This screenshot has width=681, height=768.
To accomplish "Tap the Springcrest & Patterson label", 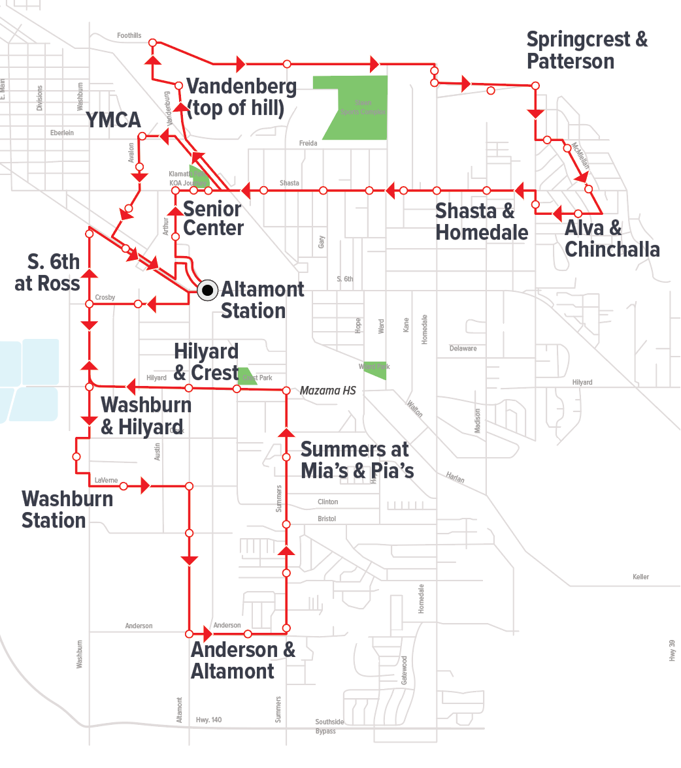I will [586, 50].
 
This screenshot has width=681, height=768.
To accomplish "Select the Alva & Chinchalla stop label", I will [612, 238].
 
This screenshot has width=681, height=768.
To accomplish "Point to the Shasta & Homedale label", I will [482, 221].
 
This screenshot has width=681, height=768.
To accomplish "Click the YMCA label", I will [114, 120].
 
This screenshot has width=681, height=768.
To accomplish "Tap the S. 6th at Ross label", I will [48, 272].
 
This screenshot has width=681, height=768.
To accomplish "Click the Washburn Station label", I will [67, 509].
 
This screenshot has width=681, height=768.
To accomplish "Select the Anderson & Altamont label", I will [242, 660].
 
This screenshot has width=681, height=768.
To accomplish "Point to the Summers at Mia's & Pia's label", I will [357, 460].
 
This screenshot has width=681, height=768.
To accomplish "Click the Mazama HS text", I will [327, 391].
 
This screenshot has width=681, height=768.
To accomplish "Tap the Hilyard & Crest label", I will [206, 362].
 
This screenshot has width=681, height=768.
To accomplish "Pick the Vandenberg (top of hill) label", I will [241, 97].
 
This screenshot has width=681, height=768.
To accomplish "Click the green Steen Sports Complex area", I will [359, 104].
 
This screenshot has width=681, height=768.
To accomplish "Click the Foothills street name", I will [129, 35].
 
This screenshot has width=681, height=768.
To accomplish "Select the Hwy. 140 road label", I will [208, 720].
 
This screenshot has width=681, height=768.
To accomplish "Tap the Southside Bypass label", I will [329, 726].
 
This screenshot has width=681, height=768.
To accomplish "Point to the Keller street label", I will [640, 577].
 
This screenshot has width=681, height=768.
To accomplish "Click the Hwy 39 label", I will [673, 650].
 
